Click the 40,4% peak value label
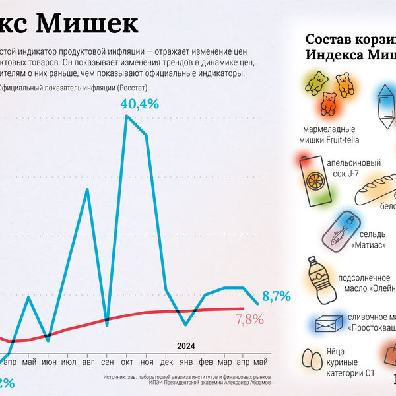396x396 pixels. (x=140, y=104)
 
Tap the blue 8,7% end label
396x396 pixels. (x=277, y=297)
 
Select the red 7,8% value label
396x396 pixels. (x=249, y=319)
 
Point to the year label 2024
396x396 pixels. (x=186, y=346)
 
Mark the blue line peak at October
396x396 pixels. (x=127, y=117)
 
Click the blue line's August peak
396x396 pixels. (x=88, y=189)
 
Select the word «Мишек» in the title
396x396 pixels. (x=86, y=24)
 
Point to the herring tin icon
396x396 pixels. (x=340, y=231)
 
